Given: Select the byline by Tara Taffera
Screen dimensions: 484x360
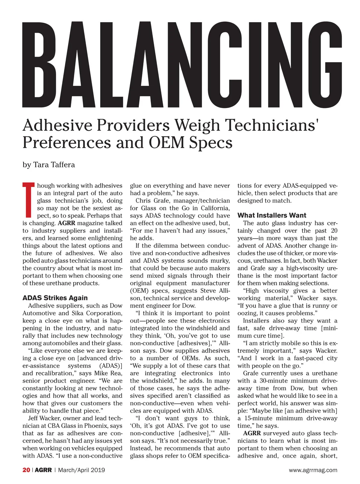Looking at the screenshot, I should pyautogui.click(x=49, y=165).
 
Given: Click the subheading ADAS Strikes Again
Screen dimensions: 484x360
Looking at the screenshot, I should pyautogui.click(x=55, y=298).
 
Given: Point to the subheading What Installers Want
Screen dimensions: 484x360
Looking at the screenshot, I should pyautogui.click(x=272, y=215).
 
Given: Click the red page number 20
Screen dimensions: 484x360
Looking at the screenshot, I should pyautogui.click(x=26, y=470).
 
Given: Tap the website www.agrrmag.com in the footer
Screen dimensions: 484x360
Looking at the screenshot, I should pyautogui.click(x=313, y=470).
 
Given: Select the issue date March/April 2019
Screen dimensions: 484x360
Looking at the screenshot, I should pyautogui.click(x=82, y=470).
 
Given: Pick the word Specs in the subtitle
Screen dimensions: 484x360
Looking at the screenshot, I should pyautogui.click(x=211, y=143).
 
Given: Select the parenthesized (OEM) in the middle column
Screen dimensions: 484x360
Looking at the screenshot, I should pyautogui.click(x=139, y=290).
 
